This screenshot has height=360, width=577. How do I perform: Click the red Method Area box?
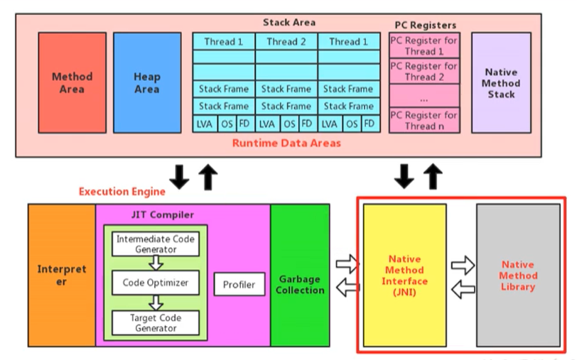(72, 83)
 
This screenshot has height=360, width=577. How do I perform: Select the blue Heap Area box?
(147, 83)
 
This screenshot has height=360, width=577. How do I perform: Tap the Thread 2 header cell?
(286, 42)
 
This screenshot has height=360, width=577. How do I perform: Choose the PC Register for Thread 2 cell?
(425, 71)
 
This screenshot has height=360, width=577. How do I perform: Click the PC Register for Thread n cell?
(425, 120)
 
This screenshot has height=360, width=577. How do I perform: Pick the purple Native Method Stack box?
(501, 83)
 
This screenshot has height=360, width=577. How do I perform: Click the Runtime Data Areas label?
(286, 143)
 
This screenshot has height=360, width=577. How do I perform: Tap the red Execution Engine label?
(122, 191)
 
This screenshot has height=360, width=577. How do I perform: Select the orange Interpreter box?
(61, 276)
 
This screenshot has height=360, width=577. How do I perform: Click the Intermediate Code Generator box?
(156, 244)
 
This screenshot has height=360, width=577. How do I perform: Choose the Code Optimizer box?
(156, 283)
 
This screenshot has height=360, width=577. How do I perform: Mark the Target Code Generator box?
(156, 322)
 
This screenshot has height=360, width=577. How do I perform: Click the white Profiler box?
(239, 285)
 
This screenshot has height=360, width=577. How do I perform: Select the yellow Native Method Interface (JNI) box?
(404, 276)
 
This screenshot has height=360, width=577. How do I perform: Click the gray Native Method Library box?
(518, 276)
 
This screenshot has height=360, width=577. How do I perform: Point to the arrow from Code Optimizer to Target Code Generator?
(156, 302)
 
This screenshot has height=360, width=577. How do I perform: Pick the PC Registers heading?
(425, 25)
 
